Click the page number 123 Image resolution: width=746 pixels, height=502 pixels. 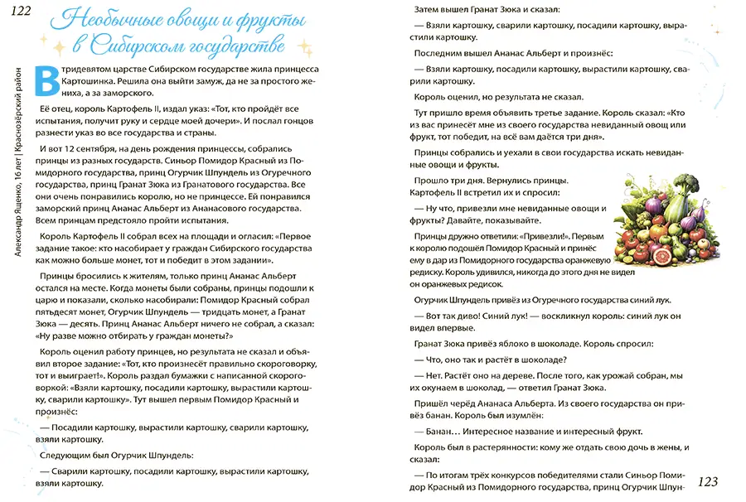[x=712, y=481]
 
